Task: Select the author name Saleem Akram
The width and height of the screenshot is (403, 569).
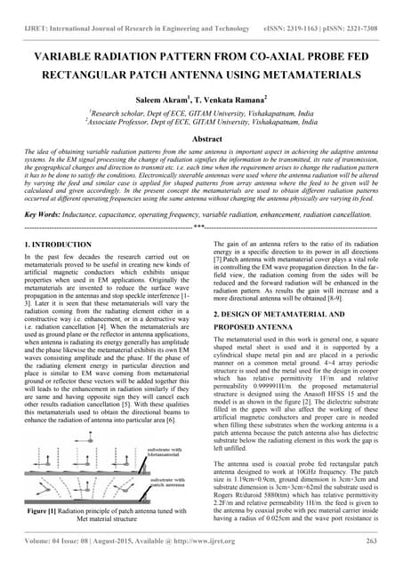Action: coord(167,100)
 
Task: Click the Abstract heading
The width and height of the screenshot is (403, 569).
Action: coord(200,140)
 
